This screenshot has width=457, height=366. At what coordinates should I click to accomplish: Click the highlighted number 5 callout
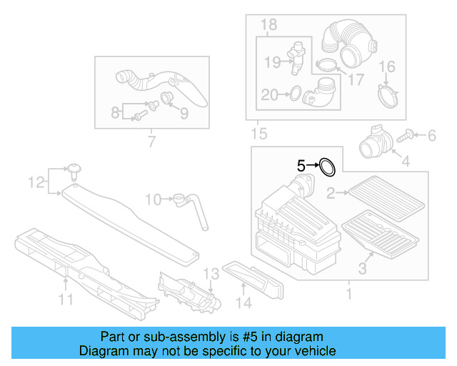tap(301, 165)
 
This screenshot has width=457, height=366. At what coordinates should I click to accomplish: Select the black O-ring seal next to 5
tap(327, 167)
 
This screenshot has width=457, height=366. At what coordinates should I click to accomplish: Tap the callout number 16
tap(386, 68)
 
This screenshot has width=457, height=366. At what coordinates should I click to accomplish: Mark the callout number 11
tap(66, 300)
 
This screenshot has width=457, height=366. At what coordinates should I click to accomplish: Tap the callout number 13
tap(209, 274)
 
